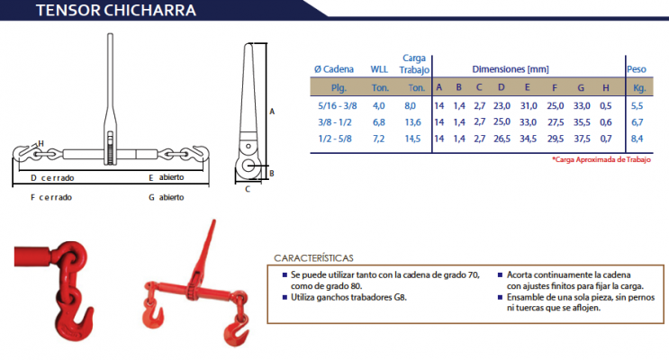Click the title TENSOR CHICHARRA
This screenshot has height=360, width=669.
116,10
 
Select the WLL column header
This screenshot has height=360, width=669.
379,69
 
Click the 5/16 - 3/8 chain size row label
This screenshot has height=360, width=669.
338,106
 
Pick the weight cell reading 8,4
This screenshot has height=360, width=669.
637,139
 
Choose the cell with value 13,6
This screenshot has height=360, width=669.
412,122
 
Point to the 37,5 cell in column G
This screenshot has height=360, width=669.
582,139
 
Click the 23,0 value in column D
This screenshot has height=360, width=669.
502,106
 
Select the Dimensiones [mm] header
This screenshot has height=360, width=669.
511,69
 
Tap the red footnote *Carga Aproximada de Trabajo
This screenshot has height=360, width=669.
601,159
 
